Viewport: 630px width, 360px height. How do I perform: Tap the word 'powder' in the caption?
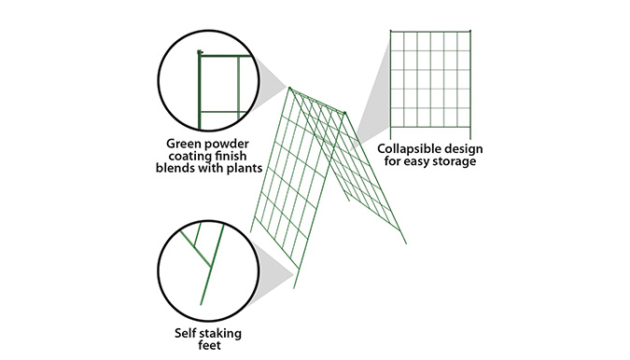click(x=234, y=145)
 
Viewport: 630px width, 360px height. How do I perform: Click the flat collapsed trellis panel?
click(x=430, y=79)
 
